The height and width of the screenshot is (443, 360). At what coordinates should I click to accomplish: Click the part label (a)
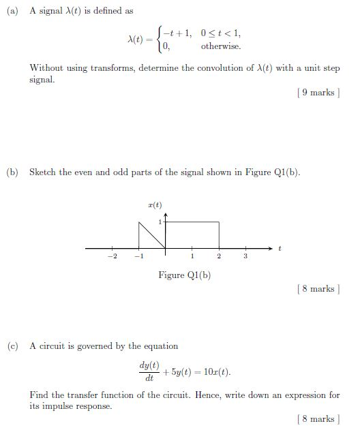click(12, 12)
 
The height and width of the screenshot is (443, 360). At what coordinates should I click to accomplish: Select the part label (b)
click(12, 172)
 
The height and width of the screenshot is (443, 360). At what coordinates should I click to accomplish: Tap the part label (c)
click(12, 346)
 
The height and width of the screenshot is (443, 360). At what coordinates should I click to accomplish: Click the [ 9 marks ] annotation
click(317, 93)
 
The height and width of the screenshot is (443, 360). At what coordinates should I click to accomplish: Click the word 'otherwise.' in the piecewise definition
click(220, 46)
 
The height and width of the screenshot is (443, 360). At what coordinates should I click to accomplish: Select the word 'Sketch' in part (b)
click(43, 172)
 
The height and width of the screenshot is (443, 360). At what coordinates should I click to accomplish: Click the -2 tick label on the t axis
click(112, 257)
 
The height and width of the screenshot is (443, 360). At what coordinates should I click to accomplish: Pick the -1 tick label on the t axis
click(138, 257)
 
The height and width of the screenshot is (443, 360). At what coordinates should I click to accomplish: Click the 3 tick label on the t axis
click(245, 257)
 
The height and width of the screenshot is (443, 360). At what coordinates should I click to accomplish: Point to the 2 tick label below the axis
click(219, 257)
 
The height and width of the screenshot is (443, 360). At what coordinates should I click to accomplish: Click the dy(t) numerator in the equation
click(149, 366)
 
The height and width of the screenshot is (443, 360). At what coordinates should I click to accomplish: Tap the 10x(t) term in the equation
click(215, 372)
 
